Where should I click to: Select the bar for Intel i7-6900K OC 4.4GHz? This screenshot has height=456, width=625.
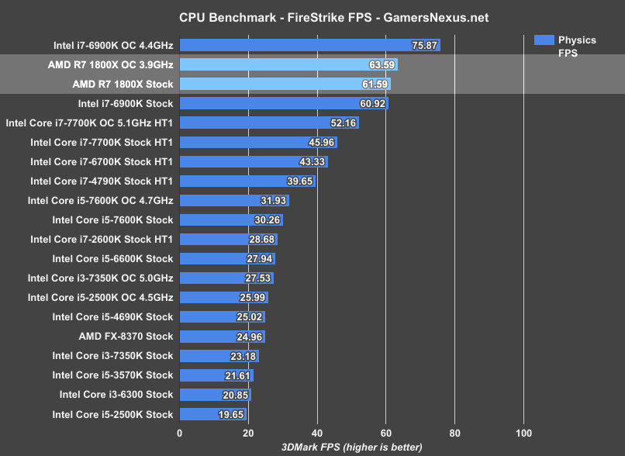pyautogui.click(x=309, y=45)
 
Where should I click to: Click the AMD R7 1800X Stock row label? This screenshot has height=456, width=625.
pyautogui.click(x=123, y=84)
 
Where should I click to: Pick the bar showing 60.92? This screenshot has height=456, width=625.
pyautogui.click(x=284, y=103)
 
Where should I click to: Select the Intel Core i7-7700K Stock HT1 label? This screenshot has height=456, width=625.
pyautogui.click(x=102, y=142)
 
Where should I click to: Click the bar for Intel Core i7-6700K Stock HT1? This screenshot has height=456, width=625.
pyautogui.click(x=254, y=161)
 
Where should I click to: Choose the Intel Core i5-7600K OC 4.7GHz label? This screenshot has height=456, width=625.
pyautogui.click(x=100, y=200)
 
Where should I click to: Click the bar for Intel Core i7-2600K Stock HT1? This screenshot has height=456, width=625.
pyautogui.click(x=229, y=239)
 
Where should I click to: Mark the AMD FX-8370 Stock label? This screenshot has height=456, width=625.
pyautogui.click(x=126, y=337)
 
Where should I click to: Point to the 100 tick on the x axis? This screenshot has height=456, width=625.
pyautogui.click(x=523, y=433)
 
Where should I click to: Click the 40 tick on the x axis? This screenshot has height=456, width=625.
pyautogui.click(x=317, y=433)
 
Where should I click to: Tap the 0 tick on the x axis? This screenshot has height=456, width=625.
pyautogui.click(x=180, y=433)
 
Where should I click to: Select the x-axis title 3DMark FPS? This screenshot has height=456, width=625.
pyautogui.click(x=351, y=447)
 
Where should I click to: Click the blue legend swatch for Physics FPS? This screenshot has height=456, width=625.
pyautogui.click(x=544, y=40)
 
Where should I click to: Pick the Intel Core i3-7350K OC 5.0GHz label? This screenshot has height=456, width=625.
pyautogui.click(x=100, y=278)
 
